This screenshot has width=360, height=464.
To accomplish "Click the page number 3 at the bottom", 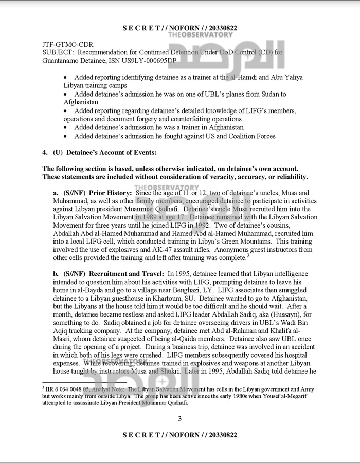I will pos(180,418).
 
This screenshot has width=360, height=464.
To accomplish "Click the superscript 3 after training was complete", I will pos(248,255).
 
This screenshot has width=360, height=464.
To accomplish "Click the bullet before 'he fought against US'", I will pos(65,136).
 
